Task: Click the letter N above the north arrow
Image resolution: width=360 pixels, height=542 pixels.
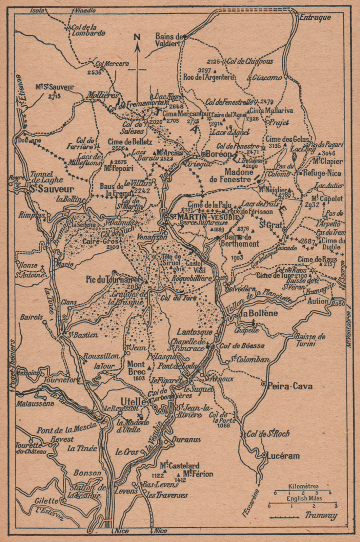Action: tap(137, 38)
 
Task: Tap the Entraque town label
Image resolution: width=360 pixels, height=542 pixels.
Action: tap(315, 17)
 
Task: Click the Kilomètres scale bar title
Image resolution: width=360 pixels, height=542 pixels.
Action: tap(303, 486)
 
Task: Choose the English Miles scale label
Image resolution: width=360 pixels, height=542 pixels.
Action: tap(304, 498)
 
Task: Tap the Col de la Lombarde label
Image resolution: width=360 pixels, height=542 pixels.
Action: tap(88, 30)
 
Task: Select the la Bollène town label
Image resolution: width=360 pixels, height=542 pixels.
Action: tap(259, 313)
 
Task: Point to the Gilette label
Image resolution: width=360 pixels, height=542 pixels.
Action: tap(46, 501)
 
